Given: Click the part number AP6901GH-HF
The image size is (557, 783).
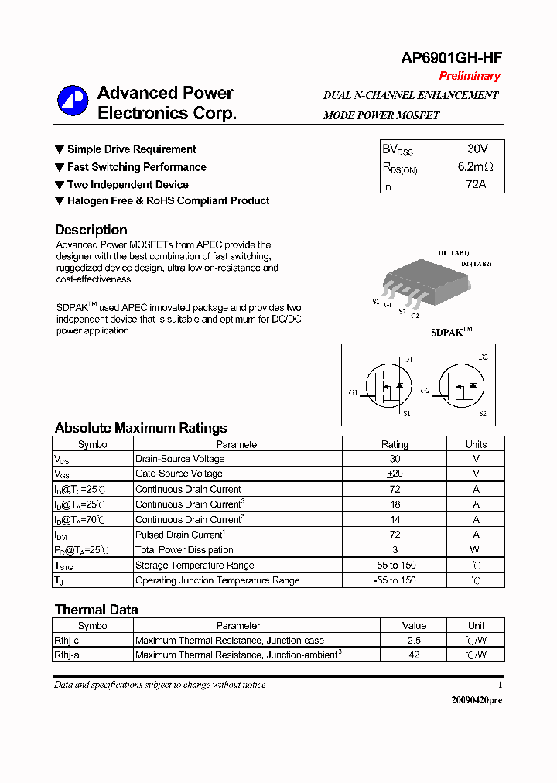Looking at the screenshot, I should tap(451, 57).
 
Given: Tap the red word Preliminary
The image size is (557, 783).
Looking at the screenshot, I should tap(470, 76).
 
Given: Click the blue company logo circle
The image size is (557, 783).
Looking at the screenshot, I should tap(73, 101).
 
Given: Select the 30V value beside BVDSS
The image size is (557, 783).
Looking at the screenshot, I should tap(477, 149).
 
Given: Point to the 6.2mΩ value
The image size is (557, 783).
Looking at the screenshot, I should tap(475, 166).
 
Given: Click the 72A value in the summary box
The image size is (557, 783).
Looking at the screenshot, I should tap(476, 184).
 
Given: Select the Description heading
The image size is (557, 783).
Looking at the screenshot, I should tap(91, 230).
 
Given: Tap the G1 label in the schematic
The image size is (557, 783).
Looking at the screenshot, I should tap(353, 392).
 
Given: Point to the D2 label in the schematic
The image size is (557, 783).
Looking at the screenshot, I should tap(483, 357).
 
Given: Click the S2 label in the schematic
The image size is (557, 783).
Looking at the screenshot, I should tap(482, 414).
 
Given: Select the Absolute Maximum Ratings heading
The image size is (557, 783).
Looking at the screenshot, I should tap(141, 428).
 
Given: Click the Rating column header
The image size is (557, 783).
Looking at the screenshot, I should tap(395, 444).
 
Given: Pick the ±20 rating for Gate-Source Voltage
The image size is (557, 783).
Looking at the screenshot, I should tap(395, 474).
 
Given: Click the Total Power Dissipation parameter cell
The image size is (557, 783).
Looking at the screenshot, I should tap(184, 550).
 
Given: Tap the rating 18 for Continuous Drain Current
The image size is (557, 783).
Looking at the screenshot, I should tap(395, 504).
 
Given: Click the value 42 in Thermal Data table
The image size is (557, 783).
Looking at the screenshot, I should tap(414, 655).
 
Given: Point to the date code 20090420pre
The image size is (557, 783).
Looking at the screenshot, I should tap(477, 699).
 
